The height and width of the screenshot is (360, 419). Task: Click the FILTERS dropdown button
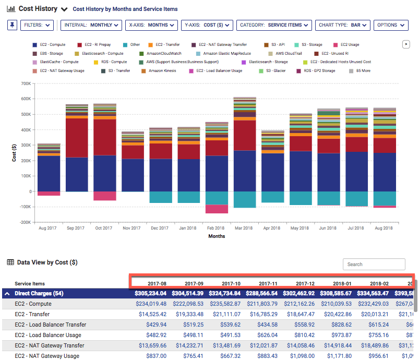tap(37, 25)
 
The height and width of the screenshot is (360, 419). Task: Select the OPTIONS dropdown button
tap(391, 25)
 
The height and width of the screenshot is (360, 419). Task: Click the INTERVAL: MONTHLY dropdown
tap(91, 25)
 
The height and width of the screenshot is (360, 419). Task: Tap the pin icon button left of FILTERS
tap(12, 25)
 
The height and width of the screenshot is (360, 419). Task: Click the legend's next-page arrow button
tap(405, 45)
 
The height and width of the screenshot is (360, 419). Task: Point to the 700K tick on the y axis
tap(25, 83)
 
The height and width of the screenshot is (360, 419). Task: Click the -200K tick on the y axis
tap(23, 222)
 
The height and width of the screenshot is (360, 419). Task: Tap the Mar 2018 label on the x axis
tap(244, 229)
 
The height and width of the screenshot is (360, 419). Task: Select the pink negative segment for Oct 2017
tap(104, 196)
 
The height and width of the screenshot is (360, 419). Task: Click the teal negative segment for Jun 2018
tap(328, 198)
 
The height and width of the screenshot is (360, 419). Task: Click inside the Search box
tap(374, 264)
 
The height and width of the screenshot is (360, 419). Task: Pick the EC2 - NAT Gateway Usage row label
tap(47, 356)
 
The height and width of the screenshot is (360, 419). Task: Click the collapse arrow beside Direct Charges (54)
tap(7, 294)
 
